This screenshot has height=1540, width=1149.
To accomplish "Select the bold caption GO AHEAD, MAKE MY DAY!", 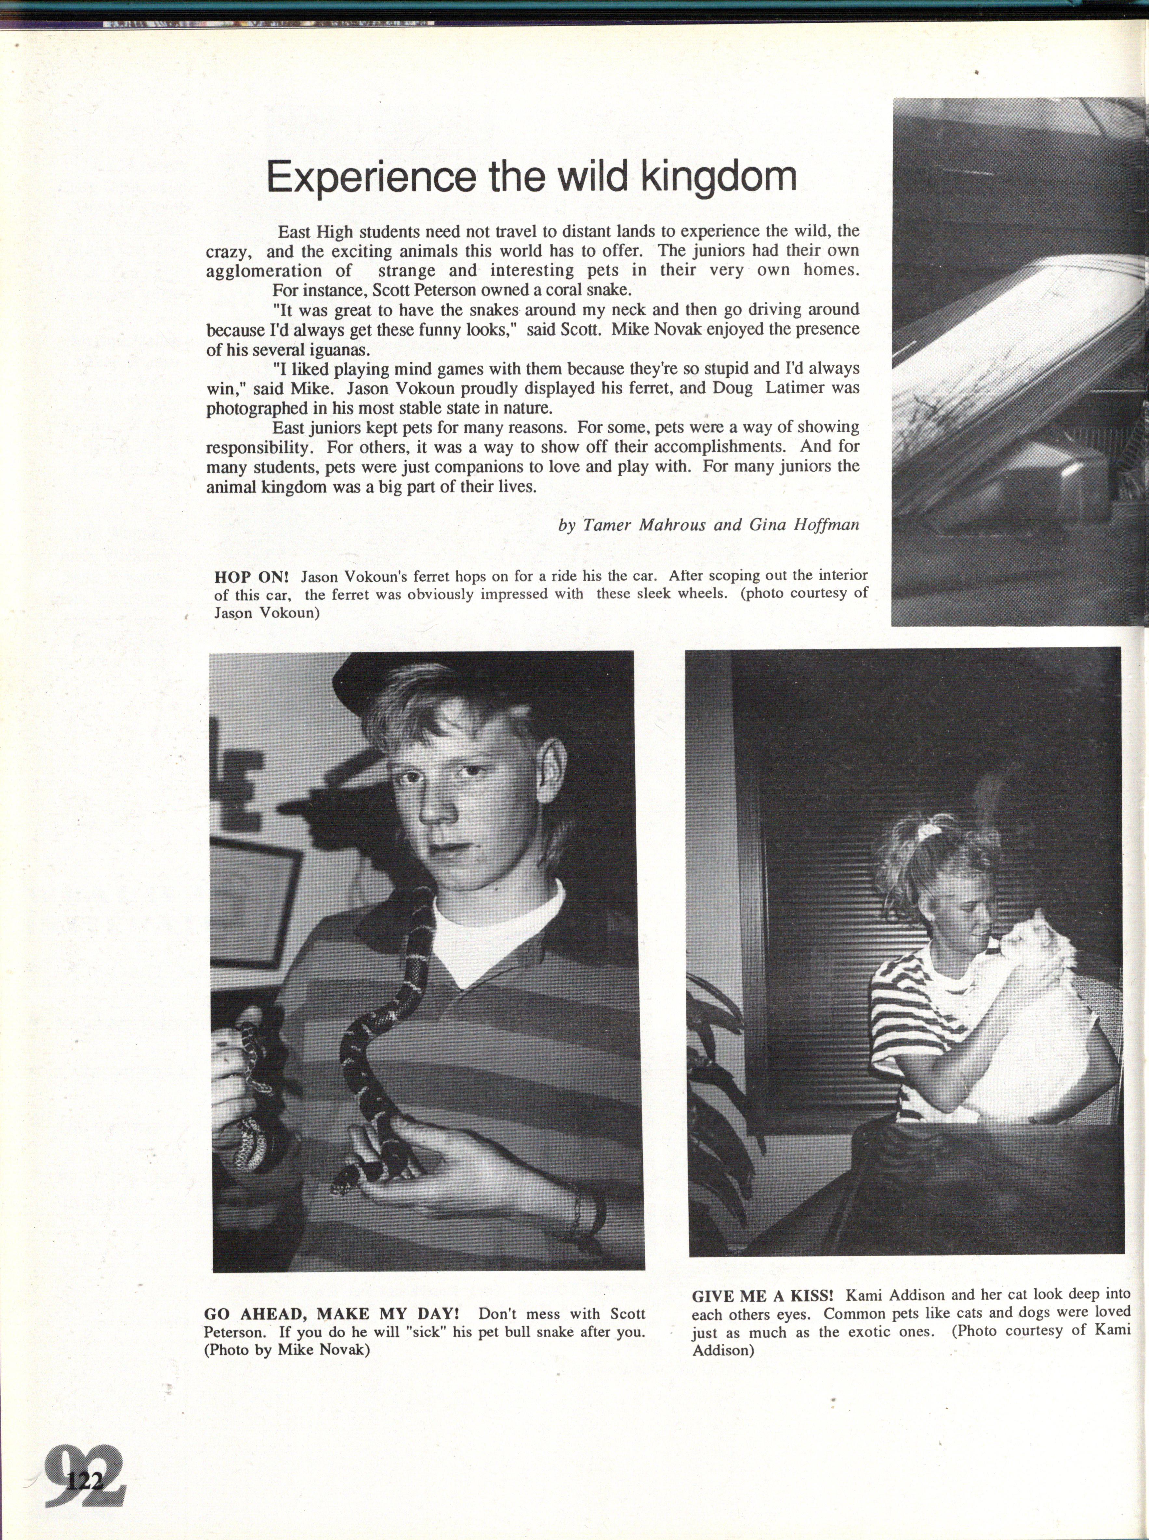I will [x=331, y=1314].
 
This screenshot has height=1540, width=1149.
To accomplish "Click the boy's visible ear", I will [x=551, y=772].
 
